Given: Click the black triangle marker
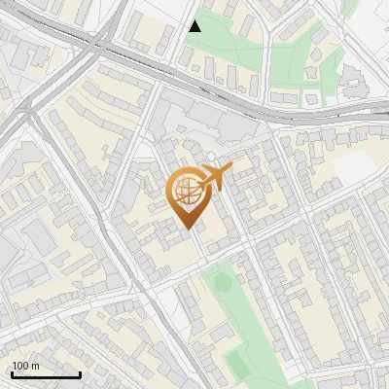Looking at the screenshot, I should pos(195,26).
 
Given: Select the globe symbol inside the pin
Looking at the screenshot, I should pos(188,192).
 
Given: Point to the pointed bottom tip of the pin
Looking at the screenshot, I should pos(188,229).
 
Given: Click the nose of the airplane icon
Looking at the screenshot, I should pos(231,168).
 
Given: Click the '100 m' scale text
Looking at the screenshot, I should pos(26,366).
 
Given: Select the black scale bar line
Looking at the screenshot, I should pos(46,374).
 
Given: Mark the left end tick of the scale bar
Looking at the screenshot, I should pos(12,372).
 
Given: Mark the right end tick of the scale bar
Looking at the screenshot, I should pos(80,372).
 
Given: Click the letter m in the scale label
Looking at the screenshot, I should pos(35,366).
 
